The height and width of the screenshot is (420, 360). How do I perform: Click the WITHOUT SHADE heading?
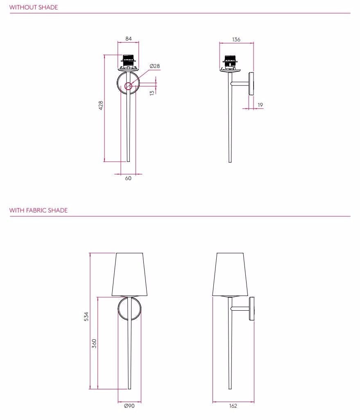point(34,7)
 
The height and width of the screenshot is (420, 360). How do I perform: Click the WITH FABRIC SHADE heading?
point(38,210)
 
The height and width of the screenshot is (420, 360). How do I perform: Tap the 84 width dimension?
point(129,39)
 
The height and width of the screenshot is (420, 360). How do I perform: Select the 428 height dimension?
point(101,105)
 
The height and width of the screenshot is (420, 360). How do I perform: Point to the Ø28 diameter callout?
point(154,66)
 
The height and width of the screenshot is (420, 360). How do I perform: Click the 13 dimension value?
point(152,93)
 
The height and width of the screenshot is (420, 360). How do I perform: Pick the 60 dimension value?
point(128,178)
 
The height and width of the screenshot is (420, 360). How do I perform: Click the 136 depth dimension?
point(236,40)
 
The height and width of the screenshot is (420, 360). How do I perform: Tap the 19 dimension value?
point(260,105)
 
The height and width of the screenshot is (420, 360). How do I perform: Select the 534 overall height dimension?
point(86,316)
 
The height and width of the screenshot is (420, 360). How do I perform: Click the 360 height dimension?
point(94,343)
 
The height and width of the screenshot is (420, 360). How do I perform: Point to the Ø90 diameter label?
point(129,406)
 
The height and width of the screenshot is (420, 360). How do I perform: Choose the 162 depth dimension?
point(233,406)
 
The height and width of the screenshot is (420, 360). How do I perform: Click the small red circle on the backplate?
point(128,86)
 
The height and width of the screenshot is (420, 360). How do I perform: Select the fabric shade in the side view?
point(230,274)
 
